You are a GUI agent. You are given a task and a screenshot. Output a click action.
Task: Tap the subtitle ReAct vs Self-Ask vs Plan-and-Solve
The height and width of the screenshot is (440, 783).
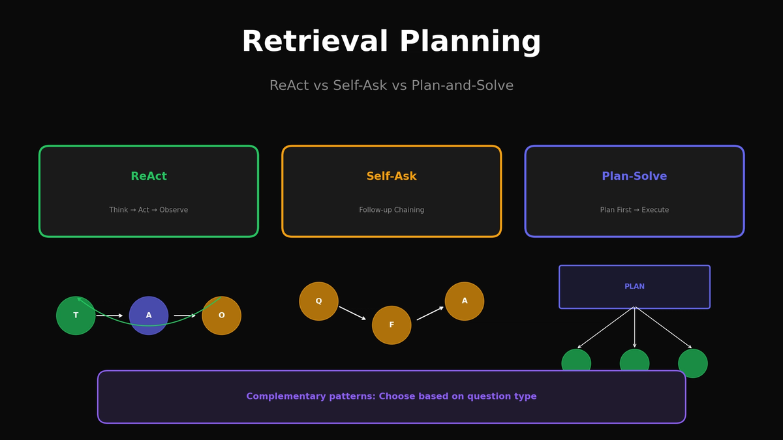[x=391, y=86]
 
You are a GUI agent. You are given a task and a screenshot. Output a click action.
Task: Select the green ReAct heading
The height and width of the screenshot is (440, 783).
[x=149, y=177]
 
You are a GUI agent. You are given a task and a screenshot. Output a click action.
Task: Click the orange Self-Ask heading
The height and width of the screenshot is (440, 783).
[x=391, y=177]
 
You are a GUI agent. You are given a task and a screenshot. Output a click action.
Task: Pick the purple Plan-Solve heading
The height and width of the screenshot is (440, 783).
[x=634, y=177]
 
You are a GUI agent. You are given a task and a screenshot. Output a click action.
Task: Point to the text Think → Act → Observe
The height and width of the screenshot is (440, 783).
[x=149, y=210]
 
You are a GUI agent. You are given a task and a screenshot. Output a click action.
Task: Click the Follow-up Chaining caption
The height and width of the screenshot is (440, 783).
[x=391, y=210]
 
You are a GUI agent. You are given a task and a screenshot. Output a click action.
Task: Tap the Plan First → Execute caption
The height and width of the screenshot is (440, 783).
[x=634, y=210]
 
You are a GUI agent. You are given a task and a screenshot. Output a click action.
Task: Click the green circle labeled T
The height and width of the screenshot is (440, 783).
[x=76, y=315]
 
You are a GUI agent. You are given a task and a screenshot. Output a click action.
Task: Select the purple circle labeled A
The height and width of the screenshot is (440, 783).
[x=149, y=315]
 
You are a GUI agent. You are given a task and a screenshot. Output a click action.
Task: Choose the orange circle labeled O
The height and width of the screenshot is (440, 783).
[x=222, y=315]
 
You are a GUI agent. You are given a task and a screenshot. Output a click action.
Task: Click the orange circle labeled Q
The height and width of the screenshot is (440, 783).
[x=318, y=301]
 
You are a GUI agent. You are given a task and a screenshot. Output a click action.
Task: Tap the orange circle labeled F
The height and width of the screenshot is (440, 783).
[x=391, y=325]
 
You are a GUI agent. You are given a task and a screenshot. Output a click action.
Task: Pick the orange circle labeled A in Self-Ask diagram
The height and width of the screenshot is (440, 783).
[x=465, y=301]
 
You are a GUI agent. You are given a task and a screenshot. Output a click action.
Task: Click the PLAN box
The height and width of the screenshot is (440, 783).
[x=634, y=287]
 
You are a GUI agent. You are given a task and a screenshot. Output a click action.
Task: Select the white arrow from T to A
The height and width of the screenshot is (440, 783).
[x=110, y=315]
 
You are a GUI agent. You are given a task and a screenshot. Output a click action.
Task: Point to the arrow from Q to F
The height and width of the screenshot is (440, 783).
[x=352, y=313]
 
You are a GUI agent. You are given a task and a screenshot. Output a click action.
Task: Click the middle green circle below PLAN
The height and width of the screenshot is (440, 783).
[x=634, y=361]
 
